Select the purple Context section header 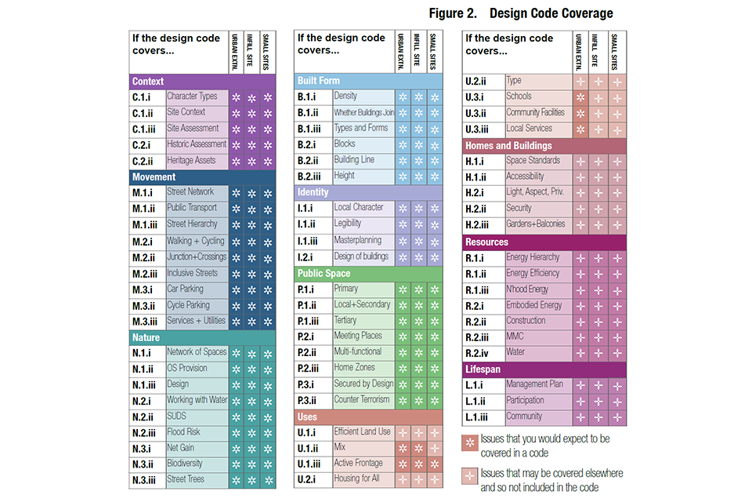[148, 82]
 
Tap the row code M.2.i [144, 241]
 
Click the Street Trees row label [186, 479]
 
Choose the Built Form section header [319, 81]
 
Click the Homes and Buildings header [508, 146]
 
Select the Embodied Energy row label [533, 305]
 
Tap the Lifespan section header [483, 369]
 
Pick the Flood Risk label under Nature [183, 431]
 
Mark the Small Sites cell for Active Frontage [436, 464]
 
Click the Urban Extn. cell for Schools [580, 97]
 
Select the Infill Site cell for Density [419, 97]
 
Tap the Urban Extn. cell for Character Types [236, 97]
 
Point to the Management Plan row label [535, 384]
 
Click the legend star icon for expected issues [470, 442]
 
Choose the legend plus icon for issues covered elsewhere [470, 475]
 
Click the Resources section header [486, 242]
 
